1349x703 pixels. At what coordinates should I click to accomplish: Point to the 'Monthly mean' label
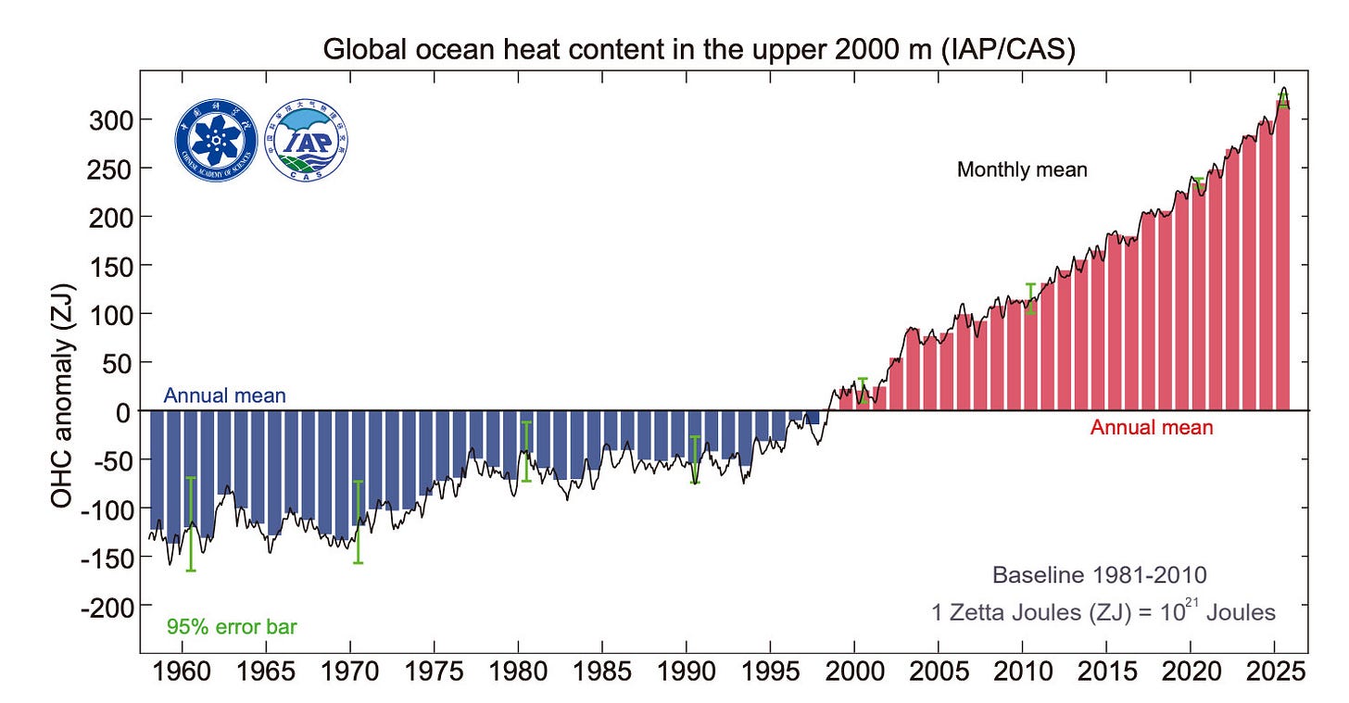(x=1021, y=170)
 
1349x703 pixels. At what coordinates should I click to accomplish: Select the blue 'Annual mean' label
(x=224, y=396)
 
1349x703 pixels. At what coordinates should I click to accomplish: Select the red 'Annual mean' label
(x=1151, y=428)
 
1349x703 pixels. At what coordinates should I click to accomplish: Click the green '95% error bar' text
(x=232, y=627)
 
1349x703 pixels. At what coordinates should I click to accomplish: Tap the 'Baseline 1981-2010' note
(x=1099, y=575)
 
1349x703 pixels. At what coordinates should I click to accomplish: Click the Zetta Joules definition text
(x=1103, y=612)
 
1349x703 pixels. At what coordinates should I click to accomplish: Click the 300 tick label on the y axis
(x=113, y=120)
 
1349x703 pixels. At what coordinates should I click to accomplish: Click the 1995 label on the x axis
(x=770, y=669)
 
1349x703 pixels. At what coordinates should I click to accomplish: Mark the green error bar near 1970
(x=358, y=522)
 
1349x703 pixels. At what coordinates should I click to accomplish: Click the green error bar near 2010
(x=1030, y=298)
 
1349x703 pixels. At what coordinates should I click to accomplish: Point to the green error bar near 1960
(x=191, y=524)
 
